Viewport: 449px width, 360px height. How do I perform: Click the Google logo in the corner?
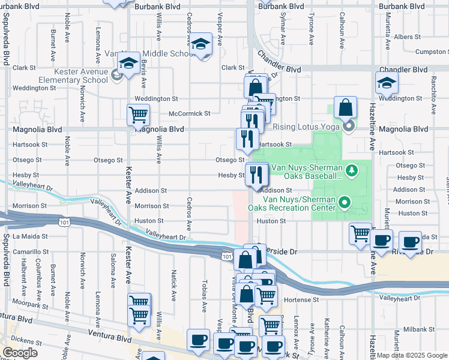(20, 353)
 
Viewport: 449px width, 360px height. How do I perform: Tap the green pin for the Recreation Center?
(345, 203)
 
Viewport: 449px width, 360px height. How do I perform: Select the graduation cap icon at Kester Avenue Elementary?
(128, 64)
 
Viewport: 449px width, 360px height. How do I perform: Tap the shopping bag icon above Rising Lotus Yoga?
(345, 108)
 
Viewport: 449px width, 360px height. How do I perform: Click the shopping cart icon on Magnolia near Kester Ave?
(139, 114)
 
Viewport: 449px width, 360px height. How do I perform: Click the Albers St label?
(420, 37)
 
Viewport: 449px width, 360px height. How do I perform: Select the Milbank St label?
(414, 329)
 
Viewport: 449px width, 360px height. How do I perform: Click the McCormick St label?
(190, 113)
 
